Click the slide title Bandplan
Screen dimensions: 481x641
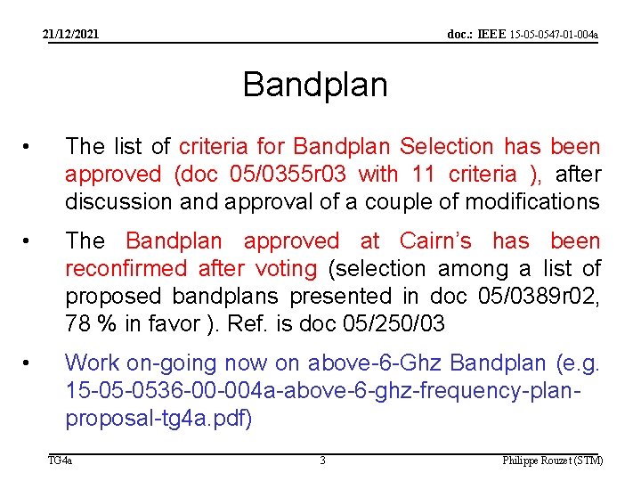pyautogui.click(x=315, y=86)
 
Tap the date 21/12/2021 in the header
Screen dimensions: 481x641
pyautogui.click(x=72, y=35)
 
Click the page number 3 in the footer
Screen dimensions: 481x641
pyautogui.click(x=322, y=461)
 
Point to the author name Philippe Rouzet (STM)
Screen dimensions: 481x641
pyautogui.click(x=552, y=461)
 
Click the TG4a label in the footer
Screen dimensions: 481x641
pyautogui.click(x=61, y=461)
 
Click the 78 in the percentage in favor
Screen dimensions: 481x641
pyautogui.click(x=78, y=323)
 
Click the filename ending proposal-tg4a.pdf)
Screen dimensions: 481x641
pyautogui.click(x=158, y=418)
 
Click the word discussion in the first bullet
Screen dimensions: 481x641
pyautogui.click(x=118, y=201)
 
